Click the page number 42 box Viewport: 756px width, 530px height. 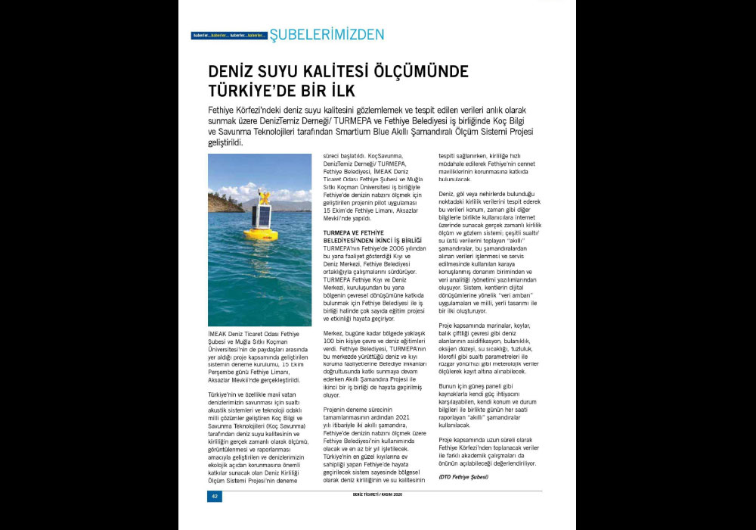(x=215, y=497)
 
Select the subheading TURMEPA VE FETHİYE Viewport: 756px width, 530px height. (x=354, y=232)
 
